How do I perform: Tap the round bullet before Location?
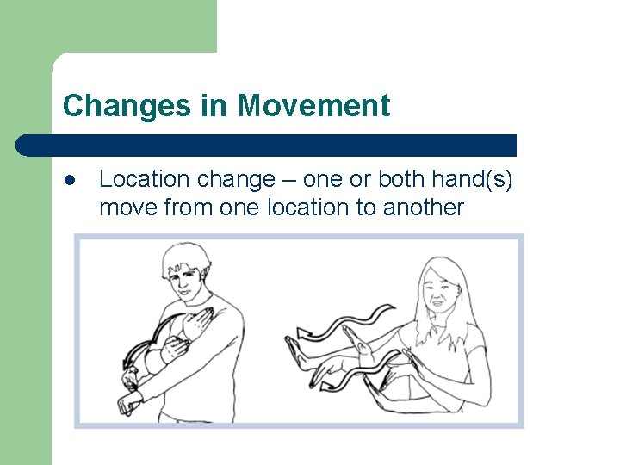pos(69,180)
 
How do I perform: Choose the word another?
pos(423,208)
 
